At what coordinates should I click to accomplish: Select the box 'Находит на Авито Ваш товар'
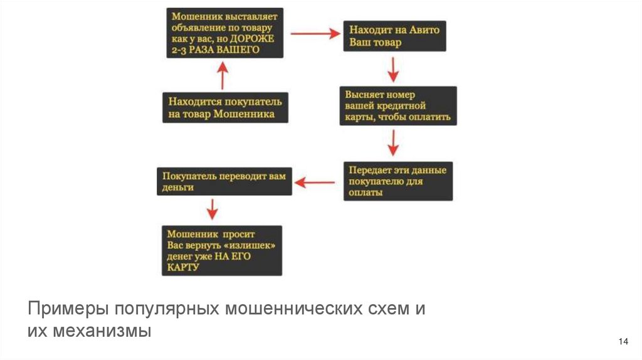pos(394,38)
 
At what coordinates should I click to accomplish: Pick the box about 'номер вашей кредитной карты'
pos(398,105)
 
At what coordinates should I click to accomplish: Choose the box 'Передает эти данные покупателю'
pos(398,181)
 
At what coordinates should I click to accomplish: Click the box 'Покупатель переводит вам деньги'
pos(224,181)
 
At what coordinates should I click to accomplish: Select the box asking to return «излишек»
pos(221,250)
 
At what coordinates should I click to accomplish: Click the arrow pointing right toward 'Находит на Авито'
pos(315,35)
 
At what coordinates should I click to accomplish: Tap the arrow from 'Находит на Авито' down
pos(393,69)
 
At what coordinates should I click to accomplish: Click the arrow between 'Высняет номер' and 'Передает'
pos(393,143)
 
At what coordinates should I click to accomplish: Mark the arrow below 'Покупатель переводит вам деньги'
pos(212,209)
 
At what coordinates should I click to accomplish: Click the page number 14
pos(623,341)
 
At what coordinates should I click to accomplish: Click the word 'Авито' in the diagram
pos(426,30)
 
